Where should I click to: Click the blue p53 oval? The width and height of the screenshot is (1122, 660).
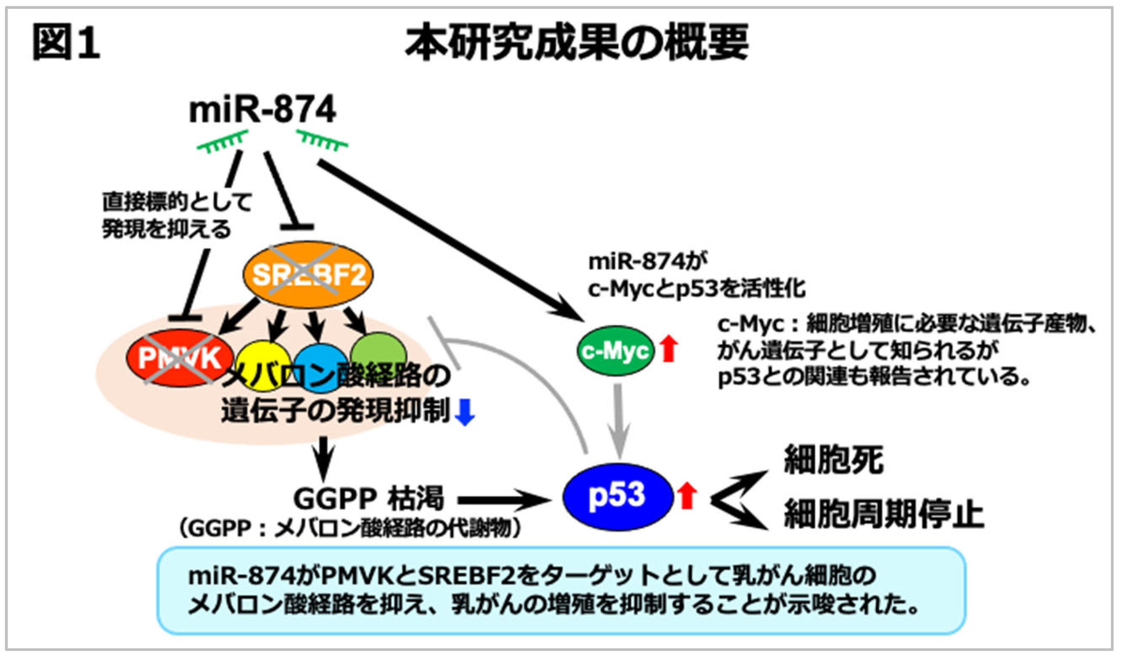click(x=618, y=496)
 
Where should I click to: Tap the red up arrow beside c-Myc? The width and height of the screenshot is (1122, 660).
click(x=668, y=349)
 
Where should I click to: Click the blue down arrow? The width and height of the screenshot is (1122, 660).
click(x=465, y=412)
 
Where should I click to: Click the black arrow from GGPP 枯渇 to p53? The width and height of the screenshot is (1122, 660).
click(x=503, y=501)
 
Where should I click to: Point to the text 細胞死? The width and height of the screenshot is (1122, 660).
click(x=833, y=460)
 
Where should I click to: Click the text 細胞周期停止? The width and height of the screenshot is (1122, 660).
click(x=883, y=515)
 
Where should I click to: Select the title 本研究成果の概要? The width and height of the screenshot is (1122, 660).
click(x=576, y=43)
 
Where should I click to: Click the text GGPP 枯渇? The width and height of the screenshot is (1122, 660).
click(x=369, y=498)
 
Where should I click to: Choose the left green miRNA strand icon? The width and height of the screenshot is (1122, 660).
click(x=223, y=142)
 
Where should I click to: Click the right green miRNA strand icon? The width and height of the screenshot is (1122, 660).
click(x=322, y=140)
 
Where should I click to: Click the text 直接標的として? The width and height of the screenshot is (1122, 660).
click(x=177, y=202)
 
